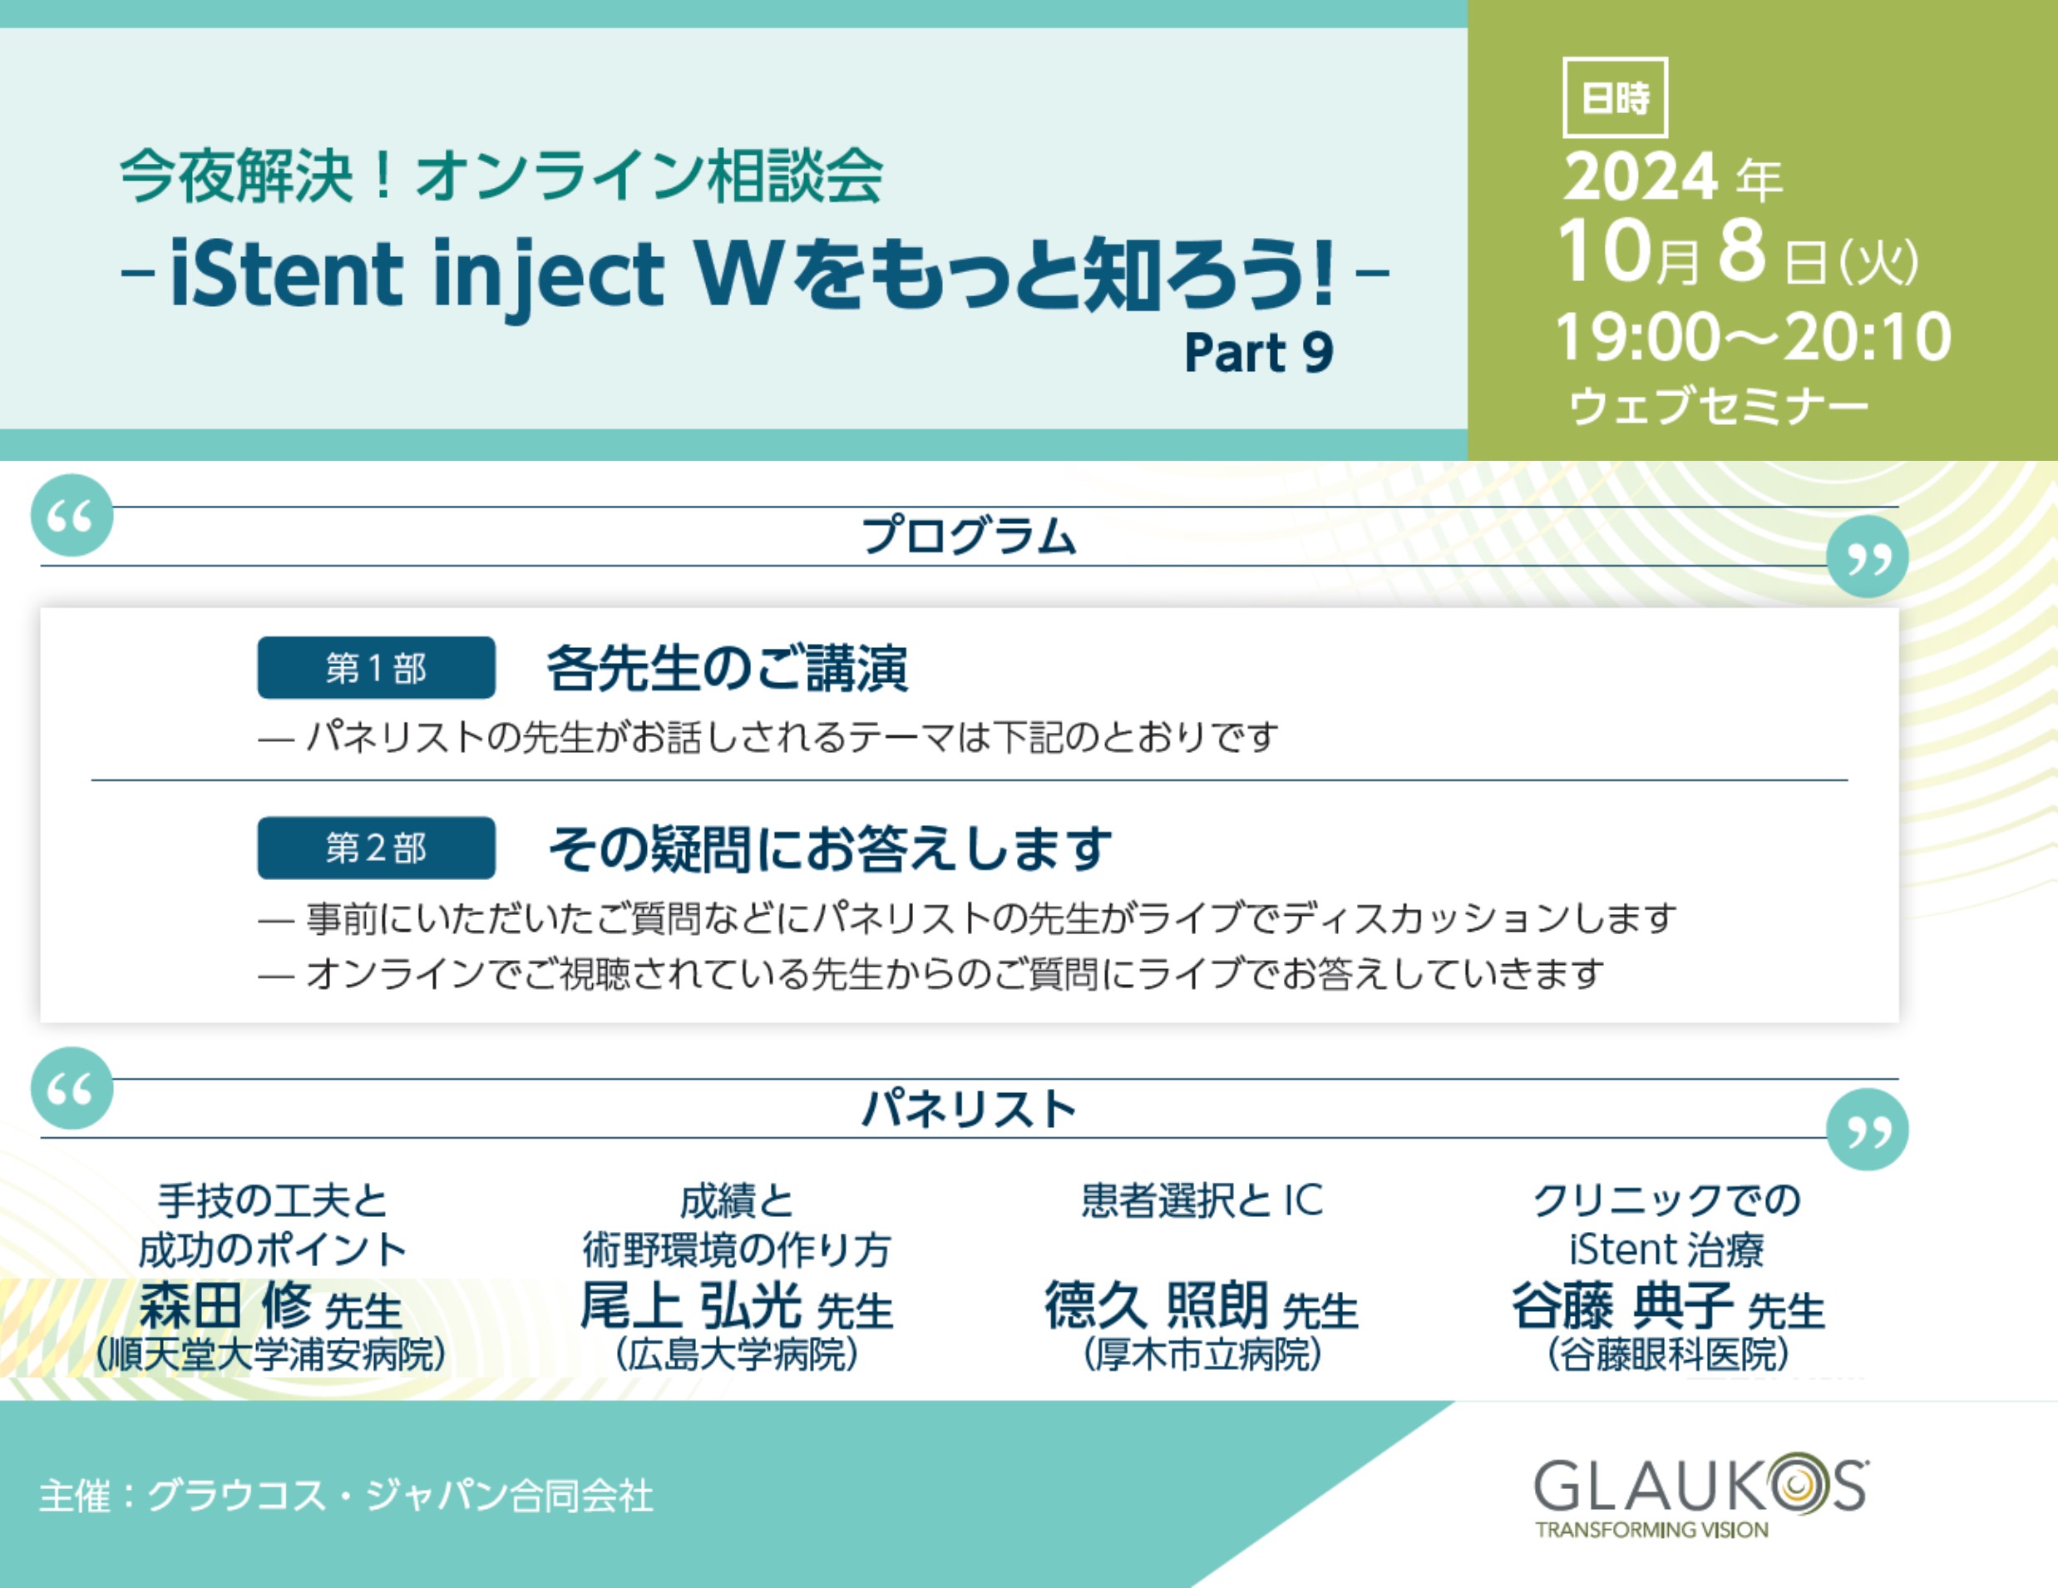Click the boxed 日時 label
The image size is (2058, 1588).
pos(1615,97)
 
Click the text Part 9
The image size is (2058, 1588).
pos(1259,353)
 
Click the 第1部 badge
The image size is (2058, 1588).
pos(376,667)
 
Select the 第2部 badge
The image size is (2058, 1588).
pos(376,848)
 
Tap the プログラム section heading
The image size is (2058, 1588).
pos(969,536)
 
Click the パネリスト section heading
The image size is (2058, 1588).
pos(969,1108)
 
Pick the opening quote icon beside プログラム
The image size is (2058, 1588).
pos(72,516)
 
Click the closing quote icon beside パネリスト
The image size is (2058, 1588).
pos(1867,1129)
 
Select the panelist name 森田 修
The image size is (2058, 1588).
pos(225,1305)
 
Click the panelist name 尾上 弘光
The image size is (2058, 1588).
pos(691,1305)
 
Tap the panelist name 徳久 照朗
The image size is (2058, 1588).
pos(1156,1305)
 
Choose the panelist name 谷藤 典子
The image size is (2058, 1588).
pos(1622,1305)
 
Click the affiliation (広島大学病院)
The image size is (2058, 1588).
pos(737,1355)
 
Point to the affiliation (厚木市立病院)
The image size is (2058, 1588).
pos(1202,1355)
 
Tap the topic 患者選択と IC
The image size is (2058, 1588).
pos(1202,1200)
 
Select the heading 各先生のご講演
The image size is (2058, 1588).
pos(728,668)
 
